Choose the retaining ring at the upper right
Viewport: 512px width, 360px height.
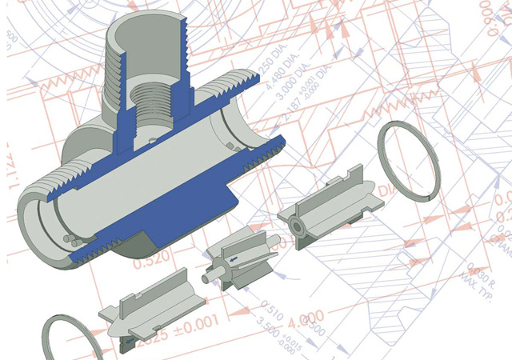click(409, 161)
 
